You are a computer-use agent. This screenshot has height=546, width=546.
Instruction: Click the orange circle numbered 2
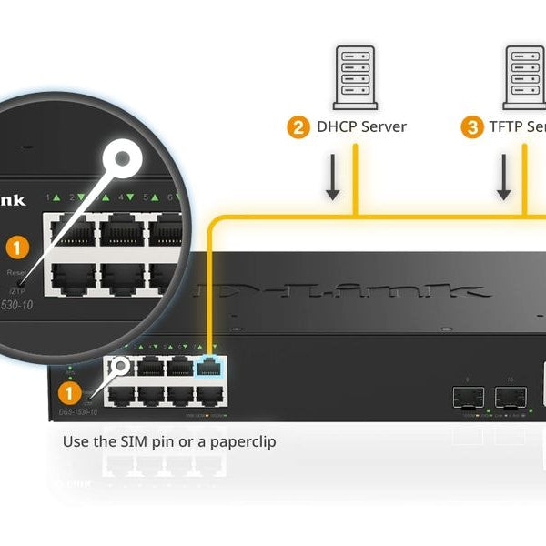pos(298,127)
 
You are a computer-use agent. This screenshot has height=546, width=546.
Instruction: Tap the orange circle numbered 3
pos(471,127)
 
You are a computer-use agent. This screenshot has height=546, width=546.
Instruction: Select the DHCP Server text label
pos(360,127)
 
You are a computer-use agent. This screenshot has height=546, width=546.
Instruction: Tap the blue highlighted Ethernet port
pos(208,366)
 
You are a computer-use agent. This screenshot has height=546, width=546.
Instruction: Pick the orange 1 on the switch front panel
pos(66,393)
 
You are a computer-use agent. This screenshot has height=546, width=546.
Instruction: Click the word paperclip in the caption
pos(242,441)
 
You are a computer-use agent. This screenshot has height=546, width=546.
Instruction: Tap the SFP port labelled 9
pos(468,398)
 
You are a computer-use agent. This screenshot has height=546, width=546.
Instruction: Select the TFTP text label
pos(506,127)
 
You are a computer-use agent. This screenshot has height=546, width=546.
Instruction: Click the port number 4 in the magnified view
pos(121,197)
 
